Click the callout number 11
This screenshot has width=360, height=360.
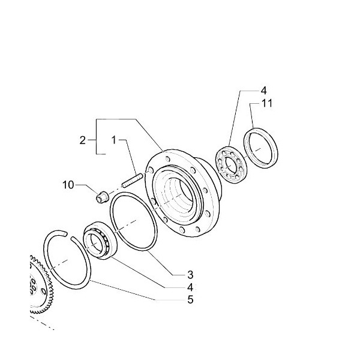[267, 103]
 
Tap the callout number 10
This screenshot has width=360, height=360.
[68, 185]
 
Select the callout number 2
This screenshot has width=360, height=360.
[83, 140]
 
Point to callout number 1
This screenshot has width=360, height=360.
[113, 140]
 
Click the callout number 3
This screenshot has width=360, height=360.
[190, 275]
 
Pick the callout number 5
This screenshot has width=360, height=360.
[190, 299]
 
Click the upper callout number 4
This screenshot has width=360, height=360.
[264, 91]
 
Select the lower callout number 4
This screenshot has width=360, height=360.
[190, 287]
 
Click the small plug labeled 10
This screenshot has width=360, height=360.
[101, 197]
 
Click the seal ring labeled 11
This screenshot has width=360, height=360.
[260, 148]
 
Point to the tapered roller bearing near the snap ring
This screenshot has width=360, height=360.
[100, 241]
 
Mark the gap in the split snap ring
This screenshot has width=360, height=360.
[68, 236]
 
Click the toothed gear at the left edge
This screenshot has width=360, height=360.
[41, 284]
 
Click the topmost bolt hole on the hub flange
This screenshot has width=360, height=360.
[168, 158]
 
